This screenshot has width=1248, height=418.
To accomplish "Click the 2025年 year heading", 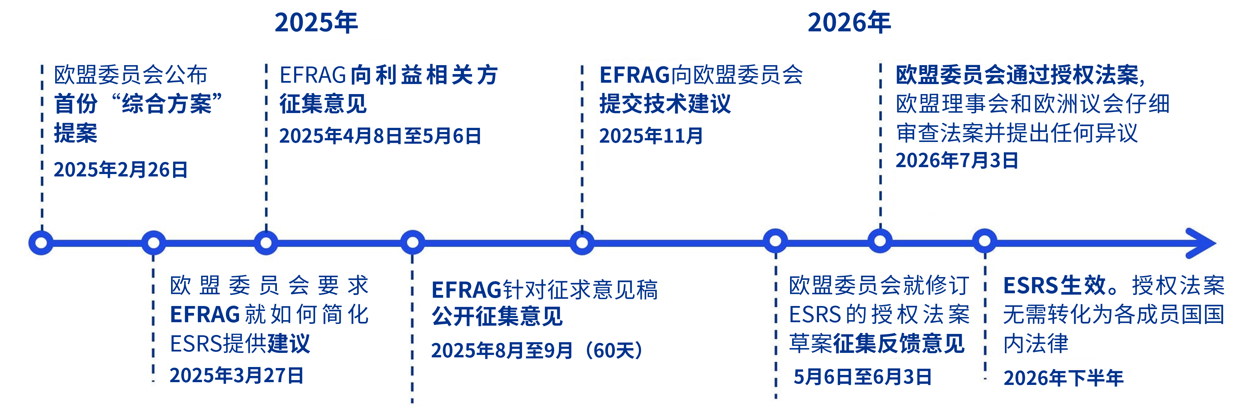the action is [316, 23].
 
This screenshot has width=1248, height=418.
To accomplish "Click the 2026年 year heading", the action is [849, 23].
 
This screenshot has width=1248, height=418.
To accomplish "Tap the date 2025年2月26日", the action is [121, 170].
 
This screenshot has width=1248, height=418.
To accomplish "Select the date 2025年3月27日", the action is [237, 375].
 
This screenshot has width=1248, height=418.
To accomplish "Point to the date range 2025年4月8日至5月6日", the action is [380, 136].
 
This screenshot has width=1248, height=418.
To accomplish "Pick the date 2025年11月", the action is [651, 136].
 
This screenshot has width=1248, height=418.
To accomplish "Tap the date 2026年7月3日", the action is [957, 160].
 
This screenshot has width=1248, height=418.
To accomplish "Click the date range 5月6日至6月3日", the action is [862, 377].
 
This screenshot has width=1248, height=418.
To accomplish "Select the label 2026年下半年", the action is [1064, 378].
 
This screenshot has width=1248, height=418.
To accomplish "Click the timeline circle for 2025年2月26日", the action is [41, 243].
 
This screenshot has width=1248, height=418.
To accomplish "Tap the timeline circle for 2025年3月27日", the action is [153, 243].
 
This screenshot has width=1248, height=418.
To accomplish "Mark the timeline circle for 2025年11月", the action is [582, 243].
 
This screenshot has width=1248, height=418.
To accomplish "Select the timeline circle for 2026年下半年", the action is [985, 241].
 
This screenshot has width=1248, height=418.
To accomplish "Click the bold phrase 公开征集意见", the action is [497, 316].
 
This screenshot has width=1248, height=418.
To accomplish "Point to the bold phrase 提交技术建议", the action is [665, 104].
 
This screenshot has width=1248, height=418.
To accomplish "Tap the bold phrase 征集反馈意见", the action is [899, 344].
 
